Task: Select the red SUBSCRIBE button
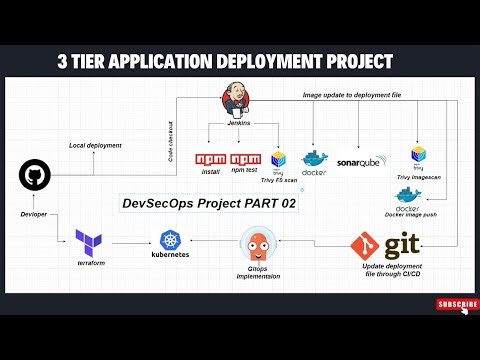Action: [456, 304]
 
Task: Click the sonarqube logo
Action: [362, 161]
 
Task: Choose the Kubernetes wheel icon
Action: [168, 239]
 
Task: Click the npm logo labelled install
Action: [211, 159]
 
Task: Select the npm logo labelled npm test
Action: [245, 159]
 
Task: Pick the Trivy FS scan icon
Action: [279, 160]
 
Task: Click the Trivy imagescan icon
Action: [418, 155]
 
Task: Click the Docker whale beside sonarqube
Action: [314, 161]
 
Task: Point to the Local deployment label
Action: [95, 146]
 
